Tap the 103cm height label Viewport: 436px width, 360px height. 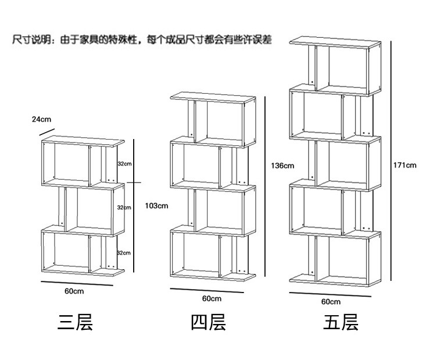[156, 205]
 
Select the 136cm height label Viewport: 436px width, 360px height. [282, 166]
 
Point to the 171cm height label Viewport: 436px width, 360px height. [405, 165]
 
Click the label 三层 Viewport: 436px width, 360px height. [75, 322]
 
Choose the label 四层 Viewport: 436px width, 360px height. [208, 322]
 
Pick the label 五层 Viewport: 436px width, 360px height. [341, 322]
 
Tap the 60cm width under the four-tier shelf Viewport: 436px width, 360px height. [211, 298]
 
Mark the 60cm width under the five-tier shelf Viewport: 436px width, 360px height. [331, 302]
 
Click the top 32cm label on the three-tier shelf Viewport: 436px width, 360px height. [124, 164]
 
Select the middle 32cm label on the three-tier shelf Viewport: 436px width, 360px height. [124, 208]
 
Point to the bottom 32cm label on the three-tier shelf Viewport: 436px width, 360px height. [124, 252]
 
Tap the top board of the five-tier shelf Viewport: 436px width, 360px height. [334, 41]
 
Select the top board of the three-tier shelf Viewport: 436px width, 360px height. [83, 140]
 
